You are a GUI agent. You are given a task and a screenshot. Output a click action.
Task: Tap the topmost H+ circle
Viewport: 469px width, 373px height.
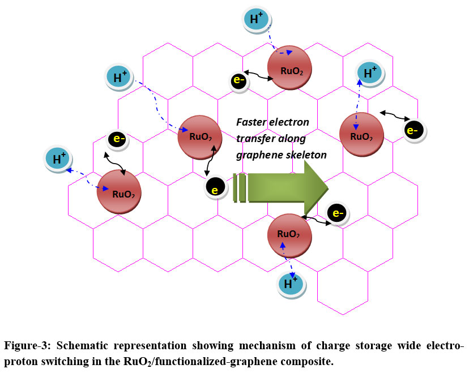[x=257, y=19]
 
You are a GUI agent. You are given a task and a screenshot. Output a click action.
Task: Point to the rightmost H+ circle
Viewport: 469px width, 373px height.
[x=370, y=72]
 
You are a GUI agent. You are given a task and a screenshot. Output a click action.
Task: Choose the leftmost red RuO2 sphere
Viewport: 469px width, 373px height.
[x=118, y=191]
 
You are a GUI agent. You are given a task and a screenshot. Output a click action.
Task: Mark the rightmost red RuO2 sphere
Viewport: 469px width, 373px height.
[x=361, y=134]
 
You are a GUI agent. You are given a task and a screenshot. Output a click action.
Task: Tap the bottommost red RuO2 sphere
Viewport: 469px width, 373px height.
[x=289, y=235]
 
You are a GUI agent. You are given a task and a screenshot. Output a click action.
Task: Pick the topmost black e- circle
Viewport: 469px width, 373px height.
[x=238, y=80]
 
